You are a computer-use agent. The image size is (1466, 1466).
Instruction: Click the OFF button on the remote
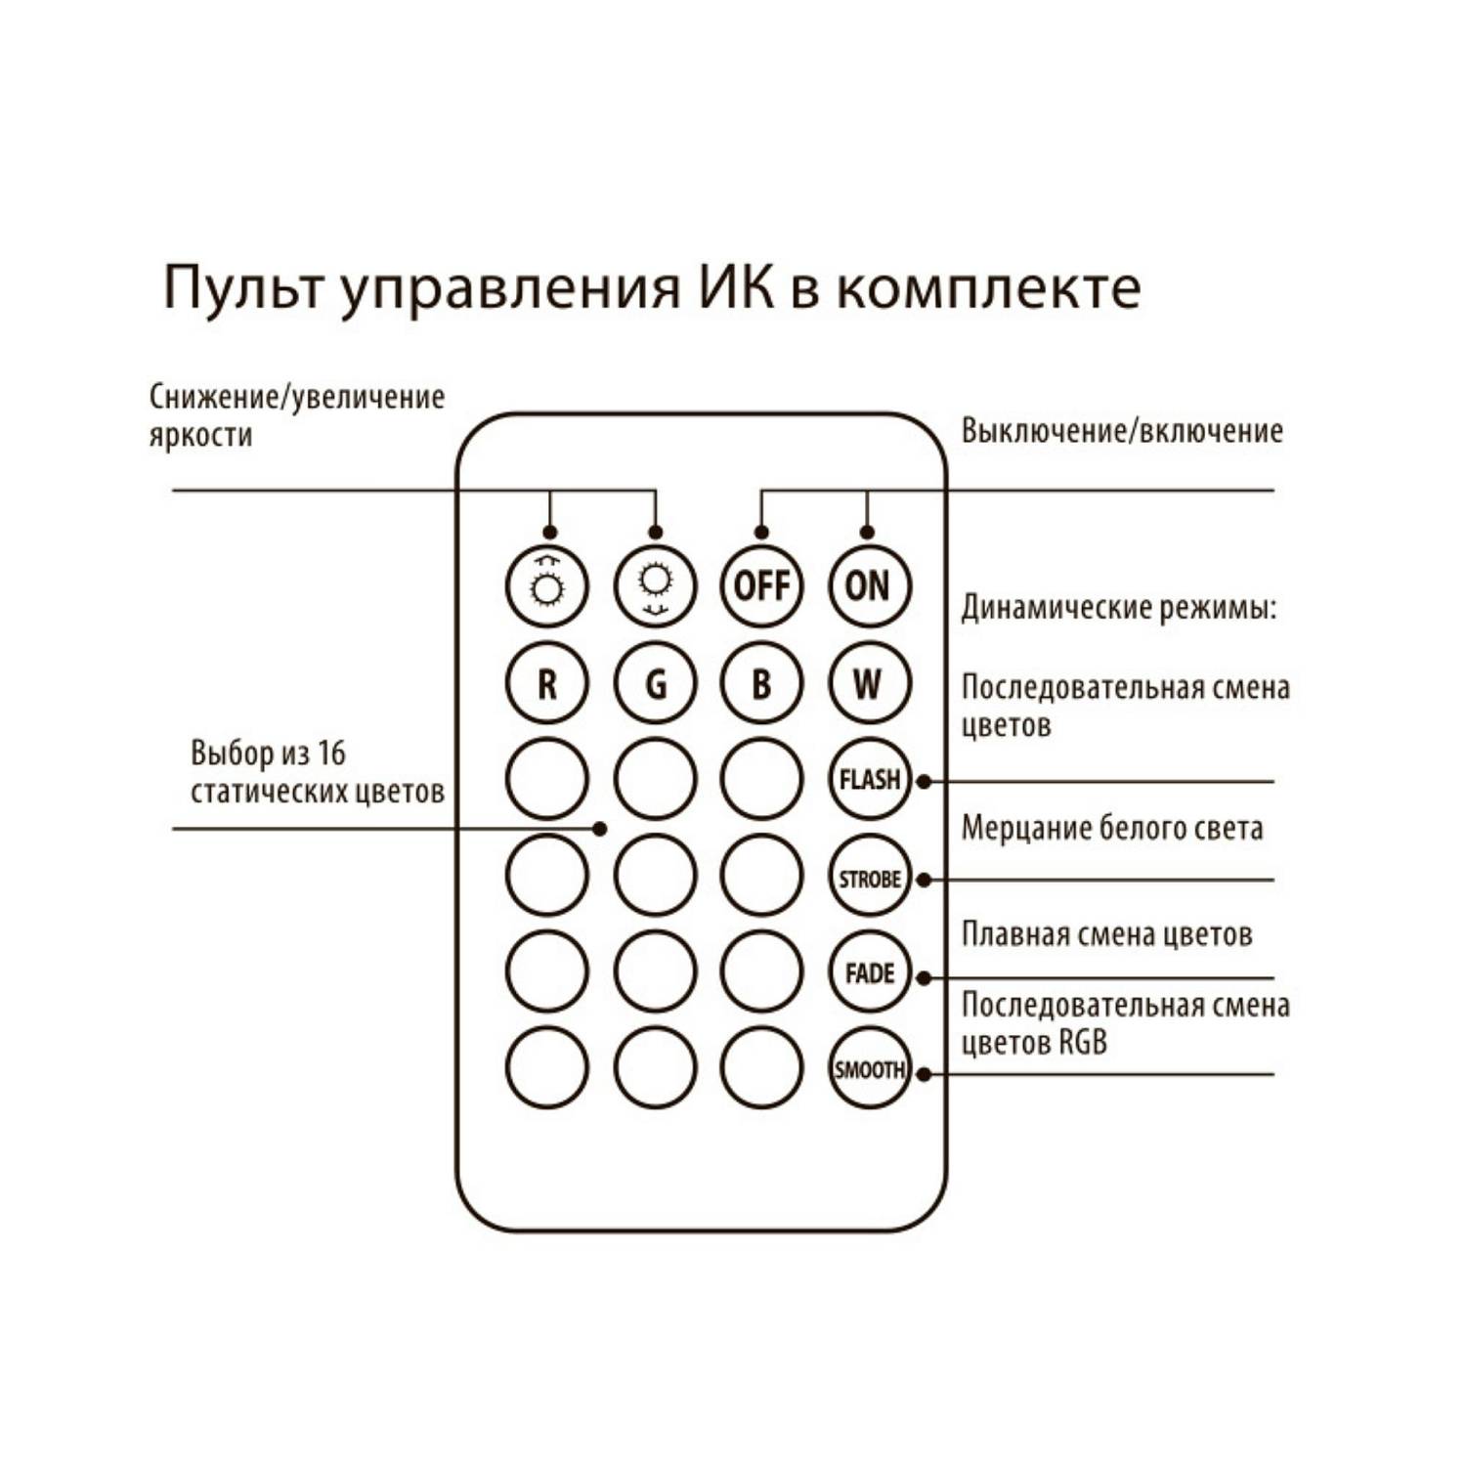coord(761,586)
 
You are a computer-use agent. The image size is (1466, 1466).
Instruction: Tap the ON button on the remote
coord(868,586)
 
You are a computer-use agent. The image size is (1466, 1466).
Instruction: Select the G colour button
coord(655,683)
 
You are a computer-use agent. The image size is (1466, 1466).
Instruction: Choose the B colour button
coord(761,683)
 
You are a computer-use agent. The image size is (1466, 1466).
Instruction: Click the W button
coord(868,683)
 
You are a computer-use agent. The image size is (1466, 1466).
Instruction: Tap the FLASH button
coord(868,780)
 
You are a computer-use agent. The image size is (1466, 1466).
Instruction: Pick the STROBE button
coord(868,877)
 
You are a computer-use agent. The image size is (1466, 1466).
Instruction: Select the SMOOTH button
coord(868,1068)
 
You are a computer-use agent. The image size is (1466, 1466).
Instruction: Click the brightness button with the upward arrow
coord(547,586)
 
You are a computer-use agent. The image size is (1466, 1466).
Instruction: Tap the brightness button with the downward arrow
coord(655,586)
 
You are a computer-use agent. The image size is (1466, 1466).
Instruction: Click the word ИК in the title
coord(735,287)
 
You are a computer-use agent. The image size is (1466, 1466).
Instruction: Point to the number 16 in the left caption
coord(331,754)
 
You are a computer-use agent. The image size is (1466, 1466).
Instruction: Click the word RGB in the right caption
coord(1082,1043)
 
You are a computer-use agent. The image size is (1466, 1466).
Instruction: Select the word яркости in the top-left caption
coord(200,435)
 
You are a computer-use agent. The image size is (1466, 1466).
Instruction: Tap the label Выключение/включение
coord(1121,431)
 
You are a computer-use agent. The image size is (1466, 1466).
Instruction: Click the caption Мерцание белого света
coord(1111,829)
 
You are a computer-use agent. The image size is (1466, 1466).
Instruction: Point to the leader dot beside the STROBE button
coord(924,880)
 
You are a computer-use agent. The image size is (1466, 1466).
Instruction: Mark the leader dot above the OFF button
coord(761,533)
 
